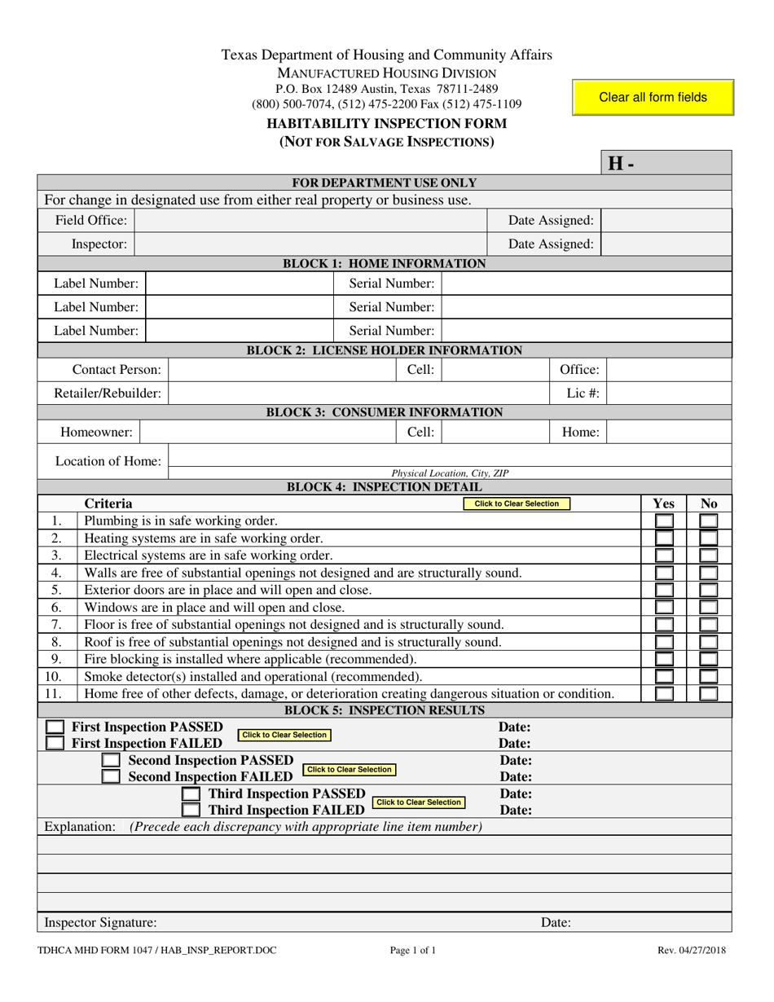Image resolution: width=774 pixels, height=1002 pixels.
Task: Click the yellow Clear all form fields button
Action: (x=653, y=97)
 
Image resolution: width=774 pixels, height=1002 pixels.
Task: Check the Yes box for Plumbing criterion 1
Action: (x=665, y=521)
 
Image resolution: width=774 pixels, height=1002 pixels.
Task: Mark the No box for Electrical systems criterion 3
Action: (x=709, y=556)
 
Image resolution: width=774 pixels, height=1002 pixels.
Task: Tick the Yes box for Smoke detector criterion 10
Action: (x=665, y=676)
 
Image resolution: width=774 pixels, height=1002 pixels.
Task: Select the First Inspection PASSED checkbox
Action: (x=55, y=727)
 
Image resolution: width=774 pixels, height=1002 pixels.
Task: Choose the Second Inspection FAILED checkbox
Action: (x=110, y=776)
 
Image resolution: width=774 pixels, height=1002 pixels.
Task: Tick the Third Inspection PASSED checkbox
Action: (x=190, y=793)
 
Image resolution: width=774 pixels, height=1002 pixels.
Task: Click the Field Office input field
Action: (x=310, y=221)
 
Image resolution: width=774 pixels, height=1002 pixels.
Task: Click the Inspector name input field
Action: (x=310, y=244)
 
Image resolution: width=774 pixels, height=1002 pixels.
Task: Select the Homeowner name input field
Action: (x=268, y=433)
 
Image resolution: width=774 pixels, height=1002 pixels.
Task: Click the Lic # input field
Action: (x=669, y=393)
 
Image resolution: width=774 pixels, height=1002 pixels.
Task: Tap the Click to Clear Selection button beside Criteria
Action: (x=517, y=504)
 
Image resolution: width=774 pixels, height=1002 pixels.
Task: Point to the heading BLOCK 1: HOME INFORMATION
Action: (x=384, y=264)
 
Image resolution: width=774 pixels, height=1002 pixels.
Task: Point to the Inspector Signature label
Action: (x=100, y=923)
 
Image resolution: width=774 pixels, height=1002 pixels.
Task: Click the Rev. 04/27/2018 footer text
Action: (x=693, y=950)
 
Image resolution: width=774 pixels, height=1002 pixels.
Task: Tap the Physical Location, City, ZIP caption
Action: (x=450, y=473)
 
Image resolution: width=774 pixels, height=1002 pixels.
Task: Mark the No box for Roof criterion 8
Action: (x=709, y=642)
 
